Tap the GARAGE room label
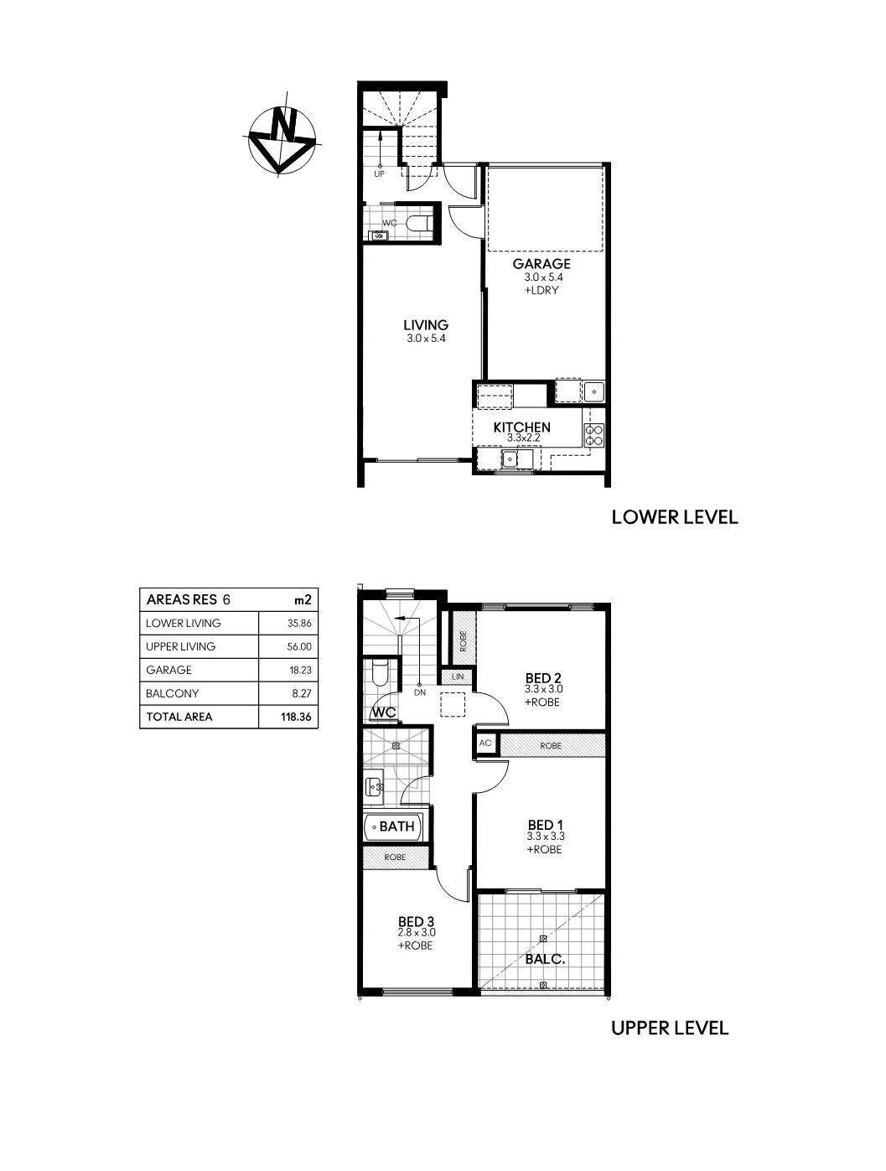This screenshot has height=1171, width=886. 541,263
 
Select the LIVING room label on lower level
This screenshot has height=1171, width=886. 426,325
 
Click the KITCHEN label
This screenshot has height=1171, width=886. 521,427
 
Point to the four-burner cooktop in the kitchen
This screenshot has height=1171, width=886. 594,435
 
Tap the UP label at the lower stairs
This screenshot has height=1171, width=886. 379,174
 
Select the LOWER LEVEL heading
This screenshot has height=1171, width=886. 675,517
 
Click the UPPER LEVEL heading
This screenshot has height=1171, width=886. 670,1028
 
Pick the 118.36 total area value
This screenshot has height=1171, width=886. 296,717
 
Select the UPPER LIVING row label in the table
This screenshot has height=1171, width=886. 180,646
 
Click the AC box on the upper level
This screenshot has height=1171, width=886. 484,744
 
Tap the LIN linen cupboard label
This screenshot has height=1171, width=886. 458,676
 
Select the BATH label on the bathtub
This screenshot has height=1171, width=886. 396,826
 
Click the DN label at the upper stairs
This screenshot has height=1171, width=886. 420,692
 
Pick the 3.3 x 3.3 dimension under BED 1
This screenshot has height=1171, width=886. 546,837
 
